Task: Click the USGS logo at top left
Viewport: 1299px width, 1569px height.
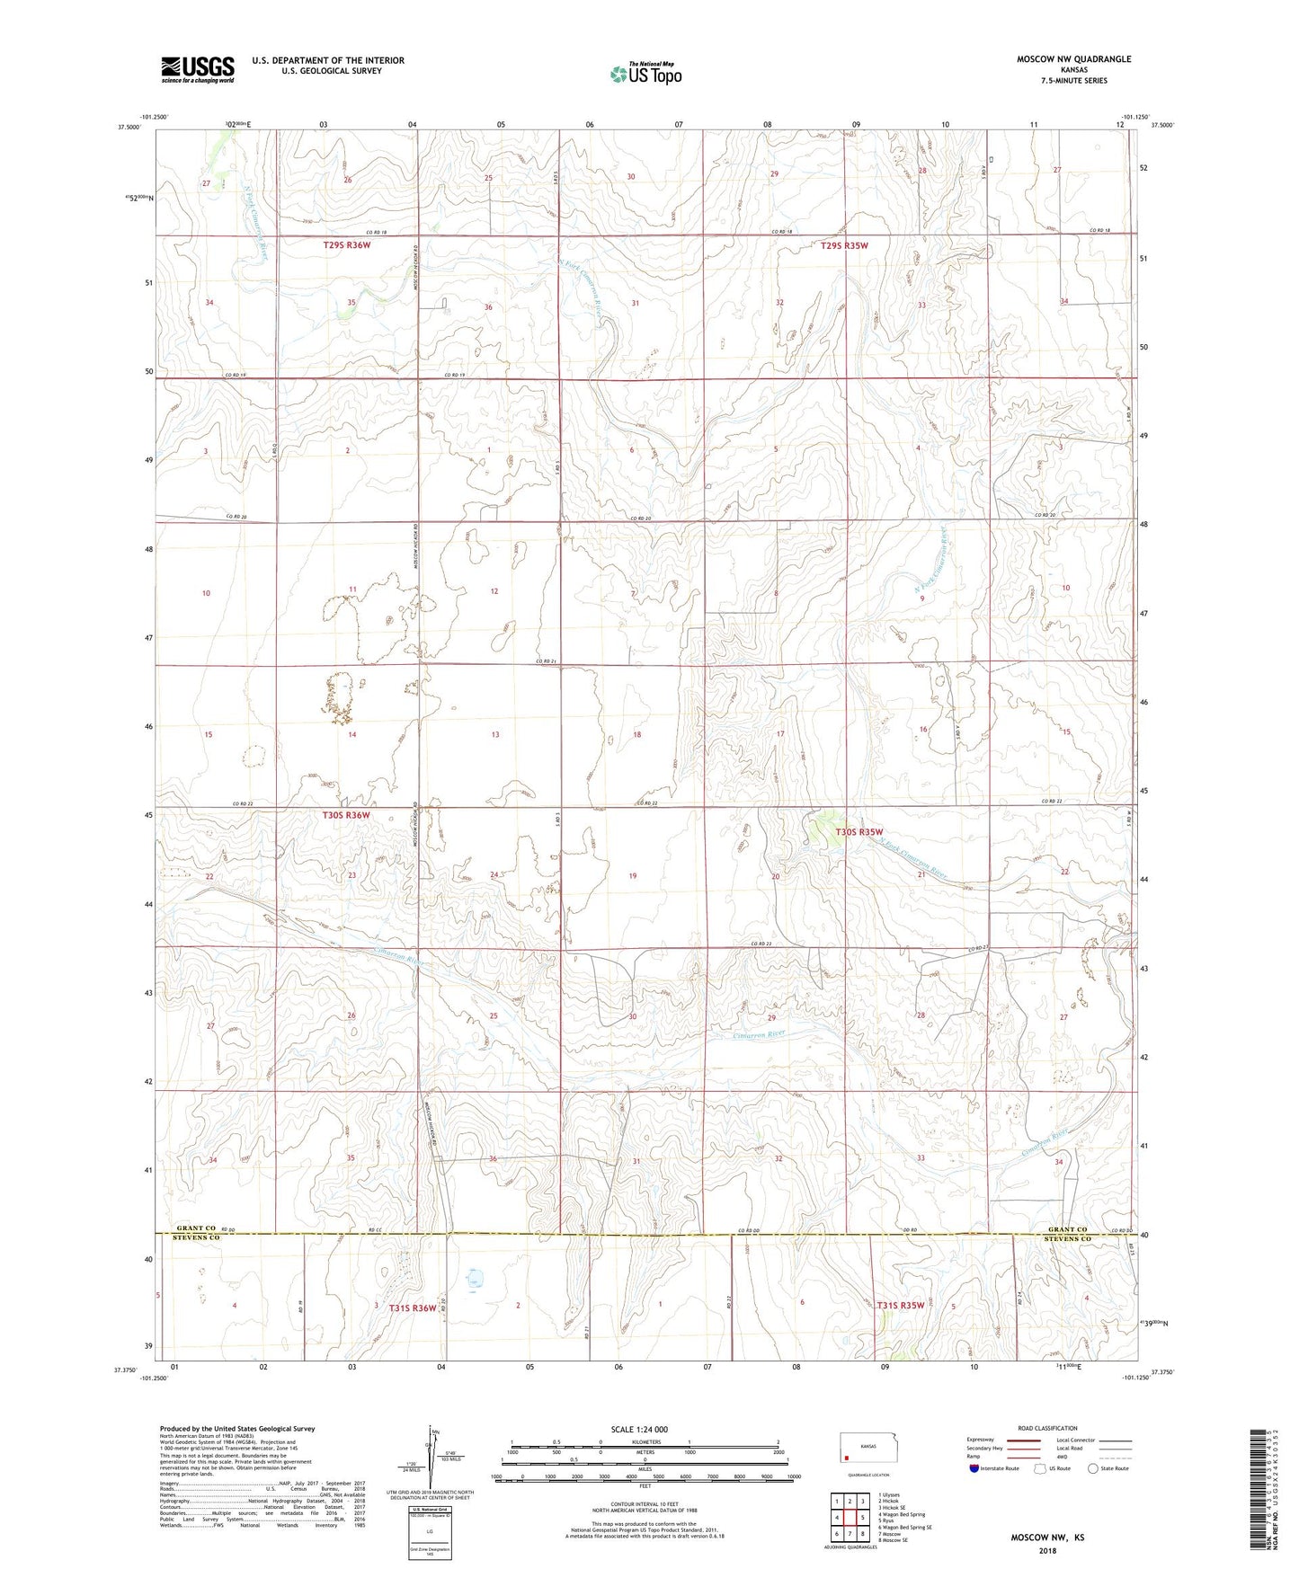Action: click(198, 68)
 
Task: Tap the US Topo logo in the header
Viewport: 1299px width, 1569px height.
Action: click(645, 74)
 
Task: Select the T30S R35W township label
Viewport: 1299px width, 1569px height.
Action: click(859, 832)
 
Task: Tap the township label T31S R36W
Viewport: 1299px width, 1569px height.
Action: click(413, 1307)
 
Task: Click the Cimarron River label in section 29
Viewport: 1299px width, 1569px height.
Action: click(759, 1033)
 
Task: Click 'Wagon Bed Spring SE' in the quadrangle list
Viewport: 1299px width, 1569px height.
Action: click(907, 1527)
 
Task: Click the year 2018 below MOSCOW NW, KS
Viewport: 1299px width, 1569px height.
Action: click(1046, 1550)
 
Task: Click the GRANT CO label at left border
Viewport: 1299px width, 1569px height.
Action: click(196, 1228)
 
